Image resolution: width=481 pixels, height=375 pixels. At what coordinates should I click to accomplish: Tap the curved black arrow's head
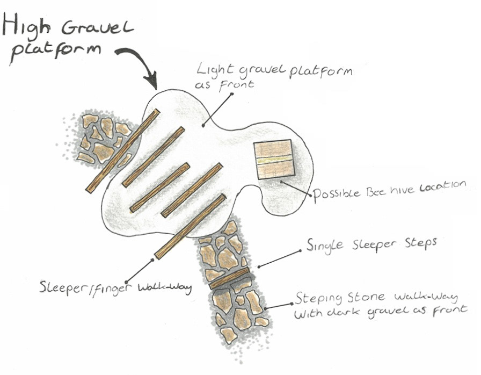coord(153,83)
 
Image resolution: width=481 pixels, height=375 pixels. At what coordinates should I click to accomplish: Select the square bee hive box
coord(273,159)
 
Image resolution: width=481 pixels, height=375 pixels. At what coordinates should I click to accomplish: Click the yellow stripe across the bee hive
coord(273,160)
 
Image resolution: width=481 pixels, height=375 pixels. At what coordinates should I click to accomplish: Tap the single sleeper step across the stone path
coord(229,277)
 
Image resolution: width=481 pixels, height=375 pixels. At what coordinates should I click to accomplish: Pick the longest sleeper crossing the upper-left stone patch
coord(123,150)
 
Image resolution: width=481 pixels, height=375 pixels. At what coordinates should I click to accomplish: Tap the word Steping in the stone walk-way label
coord(317,299)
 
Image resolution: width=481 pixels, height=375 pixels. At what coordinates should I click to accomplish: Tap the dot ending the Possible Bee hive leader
coord(281,182)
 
